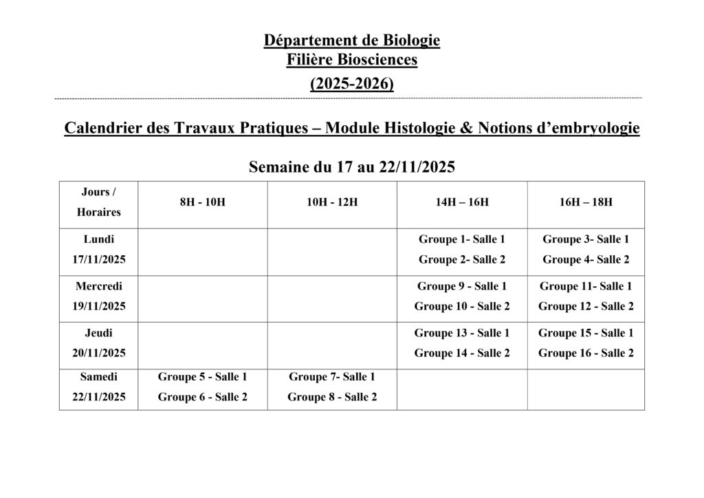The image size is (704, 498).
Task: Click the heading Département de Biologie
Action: (351, 41)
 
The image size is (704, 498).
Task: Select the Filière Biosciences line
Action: (351, 61)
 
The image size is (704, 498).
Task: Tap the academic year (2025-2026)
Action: (351, 84)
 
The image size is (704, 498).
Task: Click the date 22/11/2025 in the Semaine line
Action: (417, 167)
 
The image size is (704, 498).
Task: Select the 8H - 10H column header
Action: (202, 202)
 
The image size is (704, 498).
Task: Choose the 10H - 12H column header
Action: (332, 202)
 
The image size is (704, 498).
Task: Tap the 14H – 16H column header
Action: (462, 202)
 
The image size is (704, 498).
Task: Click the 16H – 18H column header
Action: (586, 202)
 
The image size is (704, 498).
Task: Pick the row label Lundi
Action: (99, 239)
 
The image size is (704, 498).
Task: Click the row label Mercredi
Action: (99, 286)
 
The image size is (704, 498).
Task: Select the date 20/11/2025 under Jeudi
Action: (99, 353)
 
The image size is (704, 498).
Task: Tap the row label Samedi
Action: (99, 377)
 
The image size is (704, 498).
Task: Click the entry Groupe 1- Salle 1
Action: (462, 239)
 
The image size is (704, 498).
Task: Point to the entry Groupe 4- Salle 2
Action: (586, 259)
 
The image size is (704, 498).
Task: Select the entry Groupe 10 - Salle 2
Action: (462, 306)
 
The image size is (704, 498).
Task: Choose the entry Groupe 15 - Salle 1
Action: (586, 333)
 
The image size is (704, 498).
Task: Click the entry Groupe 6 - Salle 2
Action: (202, 397)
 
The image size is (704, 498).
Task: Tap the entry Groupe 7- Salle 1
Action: (332, 377)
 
